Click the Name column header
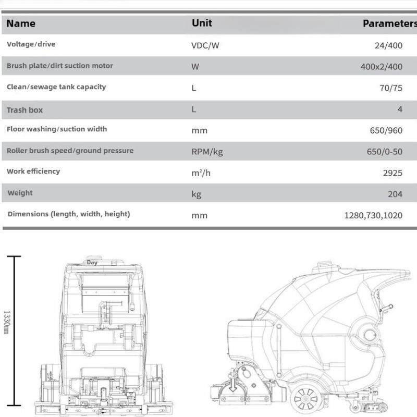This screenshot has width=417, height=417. coord(21,23)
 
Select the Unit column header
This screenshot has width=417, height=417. coord(202,23)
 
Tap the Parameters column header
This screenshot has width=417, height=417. coord(389,23)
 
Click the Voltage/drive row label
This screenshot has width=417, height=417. coord(31,44)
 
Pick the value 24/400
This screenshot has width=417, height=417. coord(388,45)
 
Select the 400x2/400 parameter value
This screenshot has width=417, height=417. coord(382,67)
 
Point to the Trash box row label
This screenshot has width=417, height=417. coord(24,110)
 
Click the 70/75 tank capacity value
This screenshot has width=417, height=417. coord(391,88)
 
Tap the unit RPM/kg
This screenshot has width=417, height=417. coord(207,152)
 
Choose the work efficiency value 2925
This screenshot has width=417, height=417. coord(393,173)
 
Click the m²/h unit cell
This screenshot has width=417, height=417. coord(201,173)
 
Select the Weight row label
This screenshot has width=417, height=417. coord(20,193)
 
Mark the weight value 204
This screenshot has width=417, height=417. coord(395,194)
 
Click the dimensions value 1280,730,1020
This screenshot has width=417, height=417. coord(373,215)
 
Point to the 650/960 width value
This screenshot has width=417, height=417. coord(386,130)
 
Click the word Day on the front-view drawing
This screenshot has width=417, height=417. coord(92,263)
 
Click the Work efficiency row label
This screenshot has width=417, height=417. coord(33,171)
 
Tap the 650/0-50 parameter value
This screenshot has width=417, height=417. coord(385,152)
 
